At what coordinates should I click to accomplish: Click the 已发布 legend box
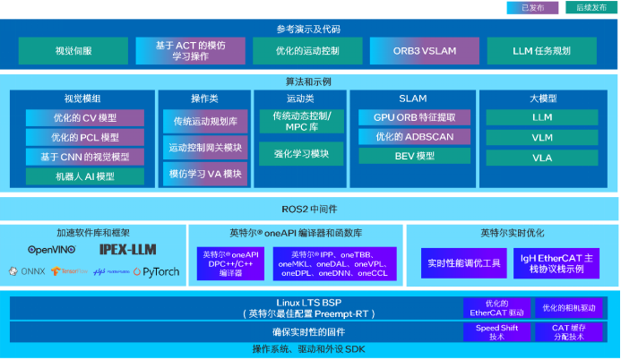tap(532, 8)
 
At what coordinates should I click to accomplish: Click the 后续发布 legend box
tap(589, 8)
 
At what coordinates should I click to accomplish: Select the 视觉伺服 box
tap(72, 51)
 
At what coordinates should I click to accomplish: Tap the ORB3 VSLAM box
tap(420, 51)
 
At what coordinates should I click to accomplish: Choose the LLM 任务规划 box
tap(540, 51)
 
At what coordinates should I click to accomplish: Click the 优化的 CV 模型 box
tap(84, 117)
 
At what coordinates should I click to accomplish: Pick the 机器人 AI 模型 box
tap(84, 176)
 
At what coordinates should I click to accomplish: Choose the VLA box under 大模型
tap(542, 156)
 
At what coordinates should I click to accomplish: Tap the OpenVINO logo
tap(52, 250)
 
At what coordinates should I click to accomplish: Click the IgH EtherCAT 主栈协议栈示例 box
tap(551, 263)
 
